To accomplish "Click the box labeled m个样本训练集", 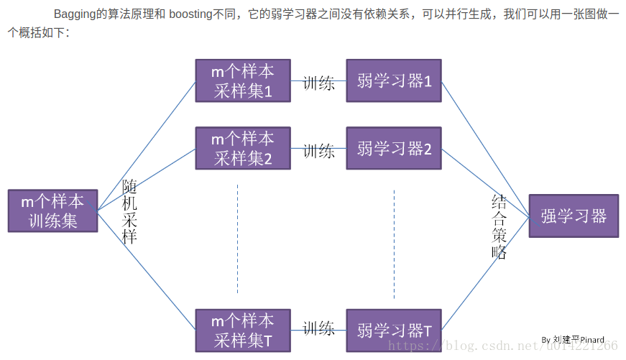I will tap(52, 211).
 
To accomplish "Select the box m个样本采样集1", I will tap(243, 81).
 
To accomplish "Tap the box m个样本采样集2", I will tap(243, 148).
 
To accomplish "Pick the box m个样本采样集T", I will tap(243, 331).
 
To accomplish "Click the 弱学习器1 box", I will tap(394, 81).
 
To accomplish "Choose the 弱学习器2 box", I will tap(394, 148).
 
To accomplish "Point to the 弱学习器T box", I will tap(394, 331).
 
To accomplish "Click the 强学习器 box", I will tap(574, 216).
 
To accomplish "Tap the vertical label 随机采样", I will tap(129, 211).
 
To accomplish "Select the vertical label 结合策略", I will tap(500, 226).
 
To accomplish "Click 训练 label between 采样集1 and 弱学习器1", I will tap(318, 83).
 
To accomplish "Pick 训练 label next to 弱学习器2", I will tap(318, 151).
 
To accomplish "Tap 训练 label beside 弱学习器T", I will tap(318, 329).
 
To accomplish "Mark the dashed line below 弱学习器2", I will tap(394, 244).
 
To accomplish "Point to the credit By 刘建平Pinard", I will tap(573, 339).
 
